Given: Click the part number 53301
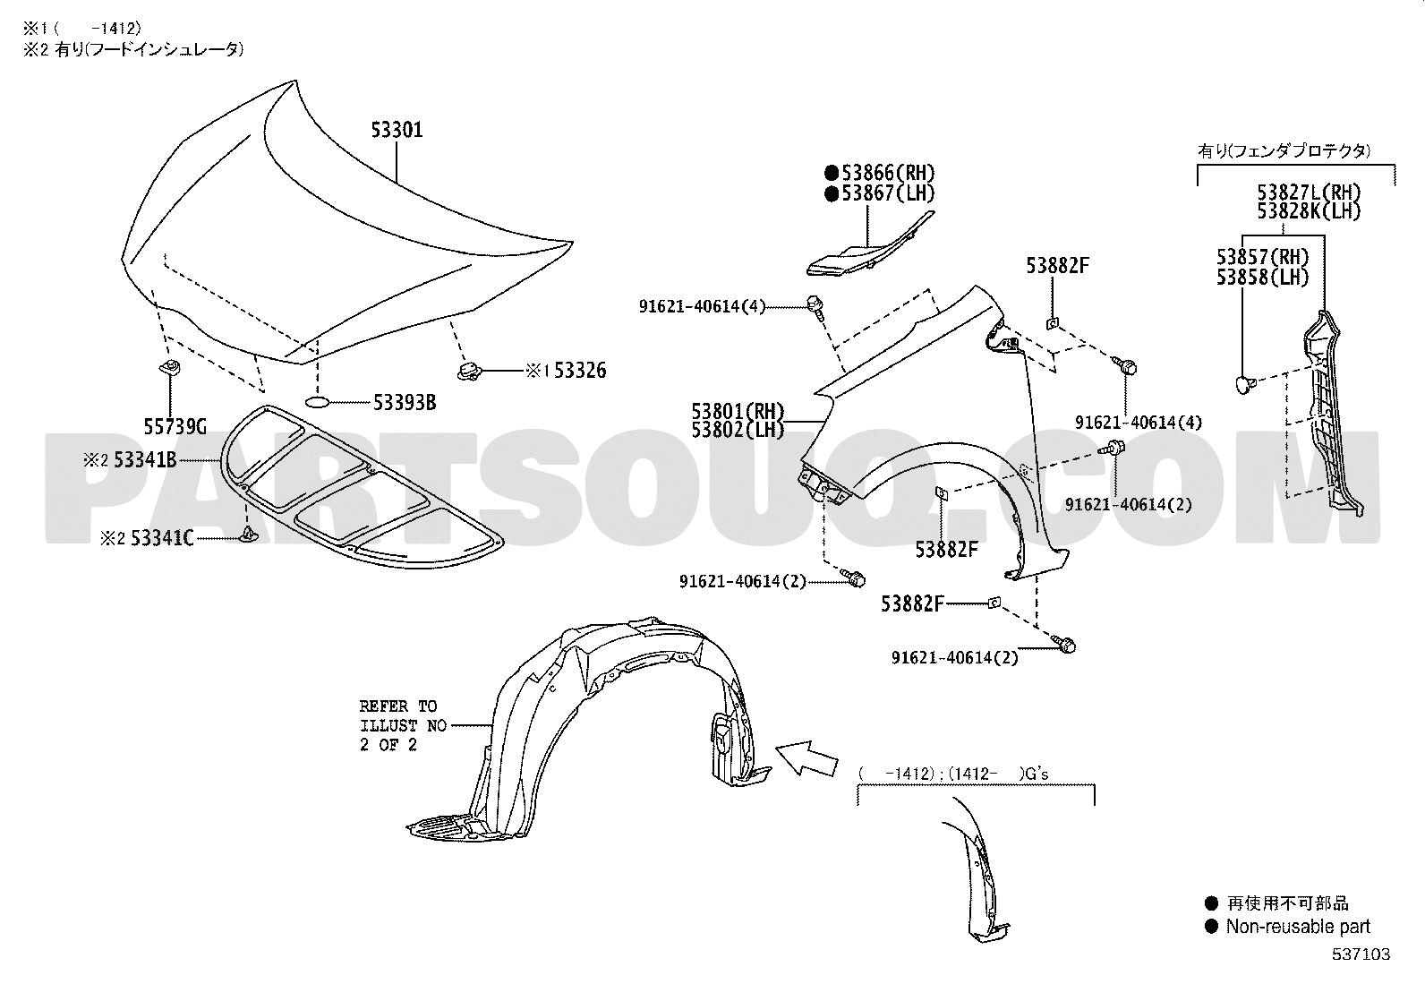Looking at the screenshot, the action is pyautogui.click(x=397, y=130).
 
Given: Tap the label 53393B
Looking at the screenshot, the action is pyautogui.click(x=405, y=403).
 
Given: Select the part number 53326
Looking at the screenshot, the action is pyautogui.click(x=579, y=371).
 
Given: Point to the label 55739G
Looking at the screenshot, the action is pyautogui.click(x=175, y=426).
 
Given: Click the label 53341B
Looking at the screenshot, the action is pyautogui.click(x=145, y=459).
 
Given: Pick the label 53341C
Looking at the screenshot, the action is pyautogui.click(x=162, y=538).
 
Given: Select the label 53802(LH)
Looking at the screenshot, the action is pyautogui.click(x=738, y=431).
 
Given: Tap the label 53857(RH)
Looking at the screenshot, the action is pyautogui.click(x=1263, y=257).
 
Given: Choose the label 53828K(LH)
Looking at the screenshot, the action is pyautogui.click(x=1309, y=211).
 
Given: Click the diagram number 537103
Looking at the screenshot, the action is pyautogui.click(x=1361, y=954).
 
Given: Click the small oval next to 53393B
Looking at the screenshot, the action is pyautogui.click(x=317, y=402).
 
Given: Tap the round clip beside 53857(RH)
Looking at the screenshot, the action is pyautogui.click(x=1245, y=384).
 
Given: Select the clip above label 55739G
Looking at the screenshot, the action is pyautogui.click(x=169, y=367).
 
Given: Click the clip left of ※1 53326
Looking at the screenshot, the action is pyautogui.click(x=470, y=371).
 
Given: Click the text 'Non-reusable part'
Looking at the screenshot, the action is pyautogui.click(x=1298, y=927).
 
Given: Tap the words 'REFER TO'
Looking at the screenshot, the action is pyautogui.click(x=398, y=706).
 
